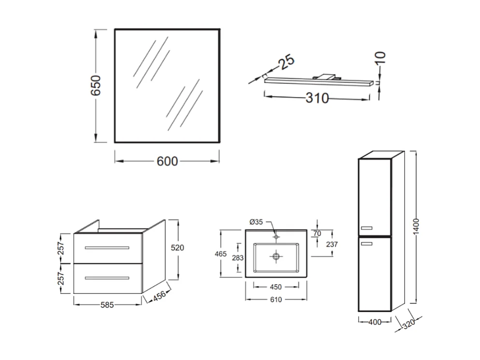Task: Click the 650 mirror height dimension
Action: point(96,86)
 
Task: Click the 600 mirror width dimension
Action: point(167,161)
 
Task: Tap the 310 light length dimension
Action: point(317,98)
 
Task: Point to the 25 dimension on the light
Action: point(285,63)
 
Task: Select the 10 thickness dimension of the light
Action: point(381,57)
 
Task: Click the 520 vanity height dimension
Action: point(177,248)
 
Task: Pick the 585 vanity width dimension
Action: point(108,305)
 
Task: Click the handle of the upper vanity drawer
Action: point(107,248)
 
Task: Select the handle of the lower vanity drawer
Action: point(107,278)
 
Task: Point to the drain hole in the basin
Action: point(276,256)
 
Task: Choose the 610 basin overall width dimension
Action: point(276,300)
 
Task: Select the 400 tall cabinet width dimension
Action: point(375,321)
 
